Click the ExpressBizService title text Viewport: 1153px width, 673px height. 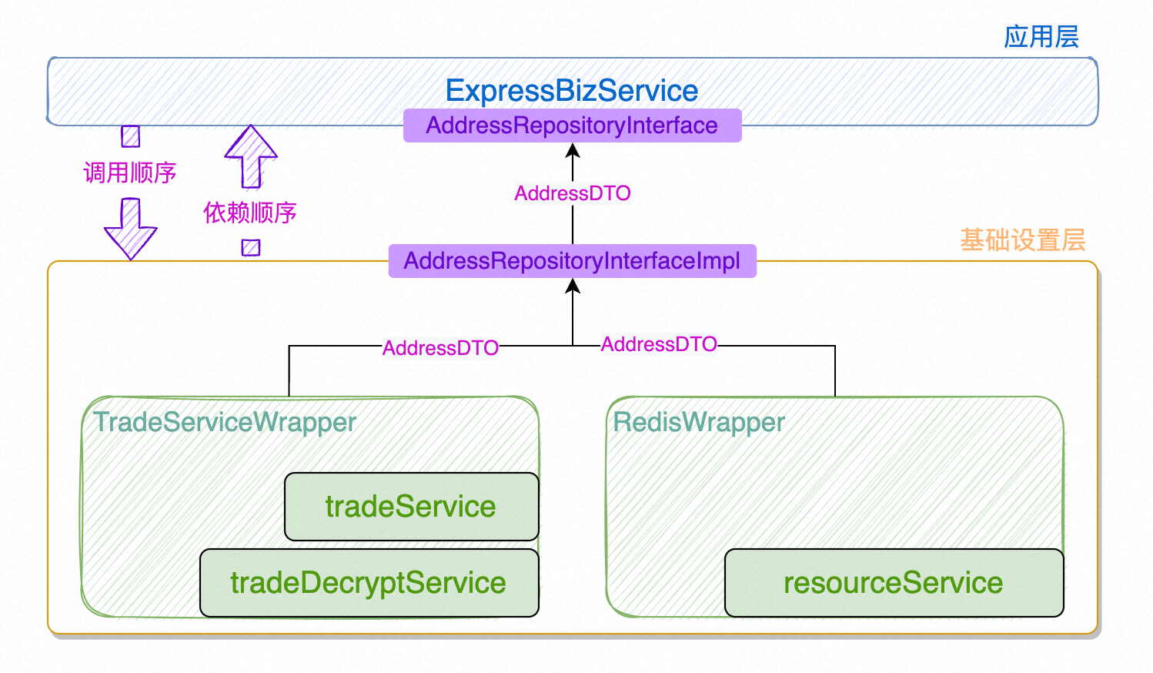tap(571, 91)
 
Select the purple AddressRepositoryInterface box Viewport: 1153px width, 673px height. tap(573, 125)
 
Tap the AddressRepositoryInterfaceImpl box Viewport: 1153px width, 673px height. tap(573, 260)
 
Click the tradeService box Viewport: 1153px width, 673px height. tap(411, 506)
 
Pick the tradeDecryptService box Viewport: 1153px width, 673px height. tap(369, 582)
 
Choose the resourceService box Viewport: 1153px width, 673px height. tap(894, 582)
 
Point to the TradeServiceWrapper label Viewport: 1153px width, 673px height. tap(225, 422)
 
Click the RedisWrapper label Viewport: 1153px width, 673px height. tap(698, 422)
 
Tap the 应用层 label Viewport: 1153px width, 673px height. tap(1041, 37)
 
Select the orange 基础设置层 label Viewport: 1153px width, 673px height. tap(1023, 240)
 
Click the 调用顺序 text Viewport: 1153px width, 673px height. tap(130, 172)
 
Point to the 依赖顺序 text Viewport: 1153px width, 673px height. tap(249, 213)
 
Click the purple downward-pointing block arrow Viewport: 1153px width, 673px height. tap(131, 229)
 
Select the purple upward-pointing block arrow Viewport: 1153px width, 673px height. tap(251, 156)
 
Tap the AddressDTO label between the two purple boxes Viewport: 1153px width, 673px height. tap(573, 193)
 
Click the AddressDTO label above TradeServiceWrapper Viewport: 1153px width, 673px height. tap(440, 348)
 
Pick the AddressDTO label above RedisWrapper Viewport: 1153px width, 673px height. tap(659, 344)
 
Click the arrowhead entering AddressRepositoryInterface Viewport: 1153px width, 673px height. tap(573, 150)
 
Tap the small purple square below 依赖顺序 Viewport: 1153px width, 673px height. tap(251, 248)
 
